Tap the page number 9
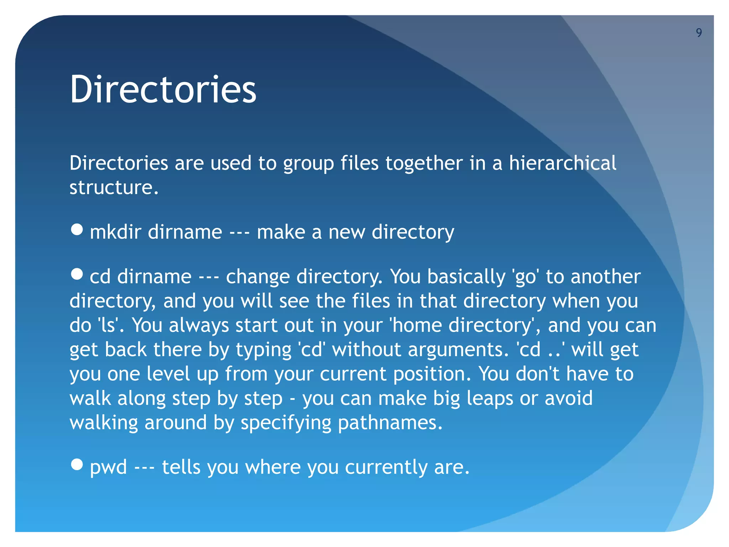click(x=699, y=33)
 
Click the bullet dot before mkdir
click(x=77, y=230)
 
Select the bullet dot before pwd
click(x=77, y=464)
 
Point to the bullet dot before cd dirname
click(x=77, y=274)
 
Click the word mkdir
click(x=116, y=232)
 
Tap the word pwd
click(x=108, y=467)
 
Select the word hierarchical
click(x=562, y=163)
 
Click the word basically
click(x=466, y=277)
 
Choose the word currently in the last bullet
click(x=386, y=467)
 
